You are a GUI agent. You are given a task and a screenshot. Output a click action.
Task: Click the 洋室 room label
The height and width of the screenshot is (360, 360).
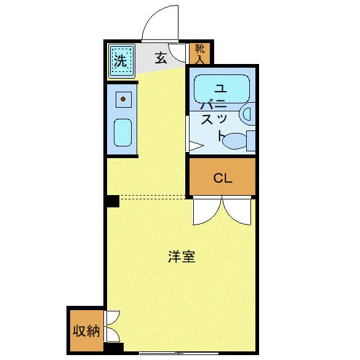(x=182, y=257)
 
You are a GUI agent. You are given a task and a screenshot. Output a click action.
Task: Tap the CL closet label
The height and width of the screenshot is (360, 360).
(x=222, y=178)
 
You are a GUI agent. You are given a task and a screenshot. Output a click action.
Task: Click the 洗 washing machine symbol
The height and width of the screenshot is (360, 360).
(x=121, y=61)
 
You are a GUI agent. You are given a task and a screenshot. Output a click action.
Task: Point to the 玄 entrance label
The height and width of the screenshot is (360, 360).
(x=161, y=58)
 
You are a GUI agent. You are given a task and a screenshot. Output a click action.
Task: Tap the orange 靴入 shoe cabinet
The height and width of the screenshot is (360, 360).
(x=199, y=54)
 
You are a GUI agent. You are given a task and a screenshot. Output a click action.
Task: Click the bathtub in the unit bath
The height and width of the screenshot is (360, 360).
(x=222, y=90)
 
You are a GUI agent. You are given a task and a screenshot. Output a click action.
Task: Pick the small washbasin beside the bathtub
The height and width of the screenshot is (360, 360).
(x=247, y=113)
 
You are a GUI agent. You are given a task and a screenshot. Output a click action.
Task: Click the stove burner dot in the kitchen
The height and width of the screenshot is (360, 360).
(x=123, y=98)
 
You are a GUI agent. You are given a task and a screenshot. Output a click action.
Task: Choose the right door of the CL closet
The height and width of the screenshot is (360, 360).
(x=238, y=210)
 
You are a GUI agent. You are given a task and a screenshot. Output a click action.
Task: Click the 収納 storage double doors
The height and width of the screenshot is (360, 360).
(x=113, y=326)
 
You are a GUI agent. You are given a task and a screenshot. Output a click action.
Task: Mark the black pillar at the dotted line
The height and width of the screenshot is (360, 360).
(x=111, y=201)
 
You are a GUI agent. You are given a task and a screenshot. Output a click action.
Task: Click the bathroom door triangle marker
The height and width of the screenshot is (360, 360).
(x=194, y=146)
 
